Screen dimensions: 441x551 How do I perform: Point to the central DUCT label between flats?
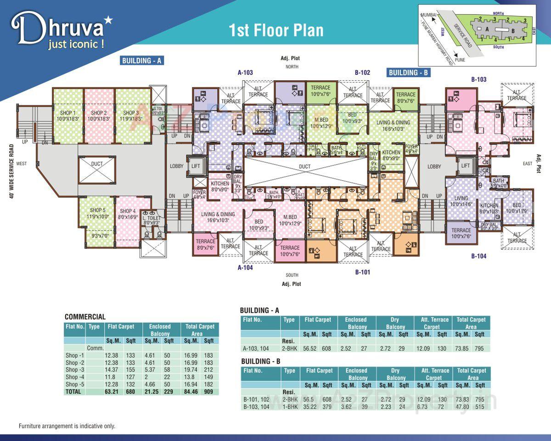pyautogui.click(x=304, y=166)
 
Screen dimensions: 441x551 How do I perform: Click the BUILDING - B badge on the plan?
pyautogui.click(x=408, y=72)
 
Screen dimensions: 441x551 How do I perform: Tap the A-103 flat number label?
pyautogui.click(x=245, y=72)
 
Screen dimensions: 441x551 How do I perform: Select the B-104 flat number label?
pyautogui.click(x=478, y=256)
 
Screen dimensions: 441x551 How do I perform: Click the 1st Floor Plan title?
pyautogui.click(x=276, y=30)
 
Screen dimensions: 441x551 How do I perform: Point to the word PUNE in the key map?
pyautogui.click(x=460, y=60)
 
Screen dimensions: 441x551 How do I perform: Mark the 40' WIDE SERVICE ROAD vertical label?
pyautogui.click(x=11, y=171)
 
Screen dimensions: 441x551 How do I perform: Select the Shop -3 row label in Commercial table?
pyautogui.click(x=74, y=369)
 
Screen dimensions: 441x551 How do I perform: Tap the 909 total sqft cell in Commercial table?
pyautogui.click(x=209, y=391)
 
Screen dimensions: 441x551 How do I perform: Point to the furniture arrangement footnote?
pyautogui.click(x=67, y=426)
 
